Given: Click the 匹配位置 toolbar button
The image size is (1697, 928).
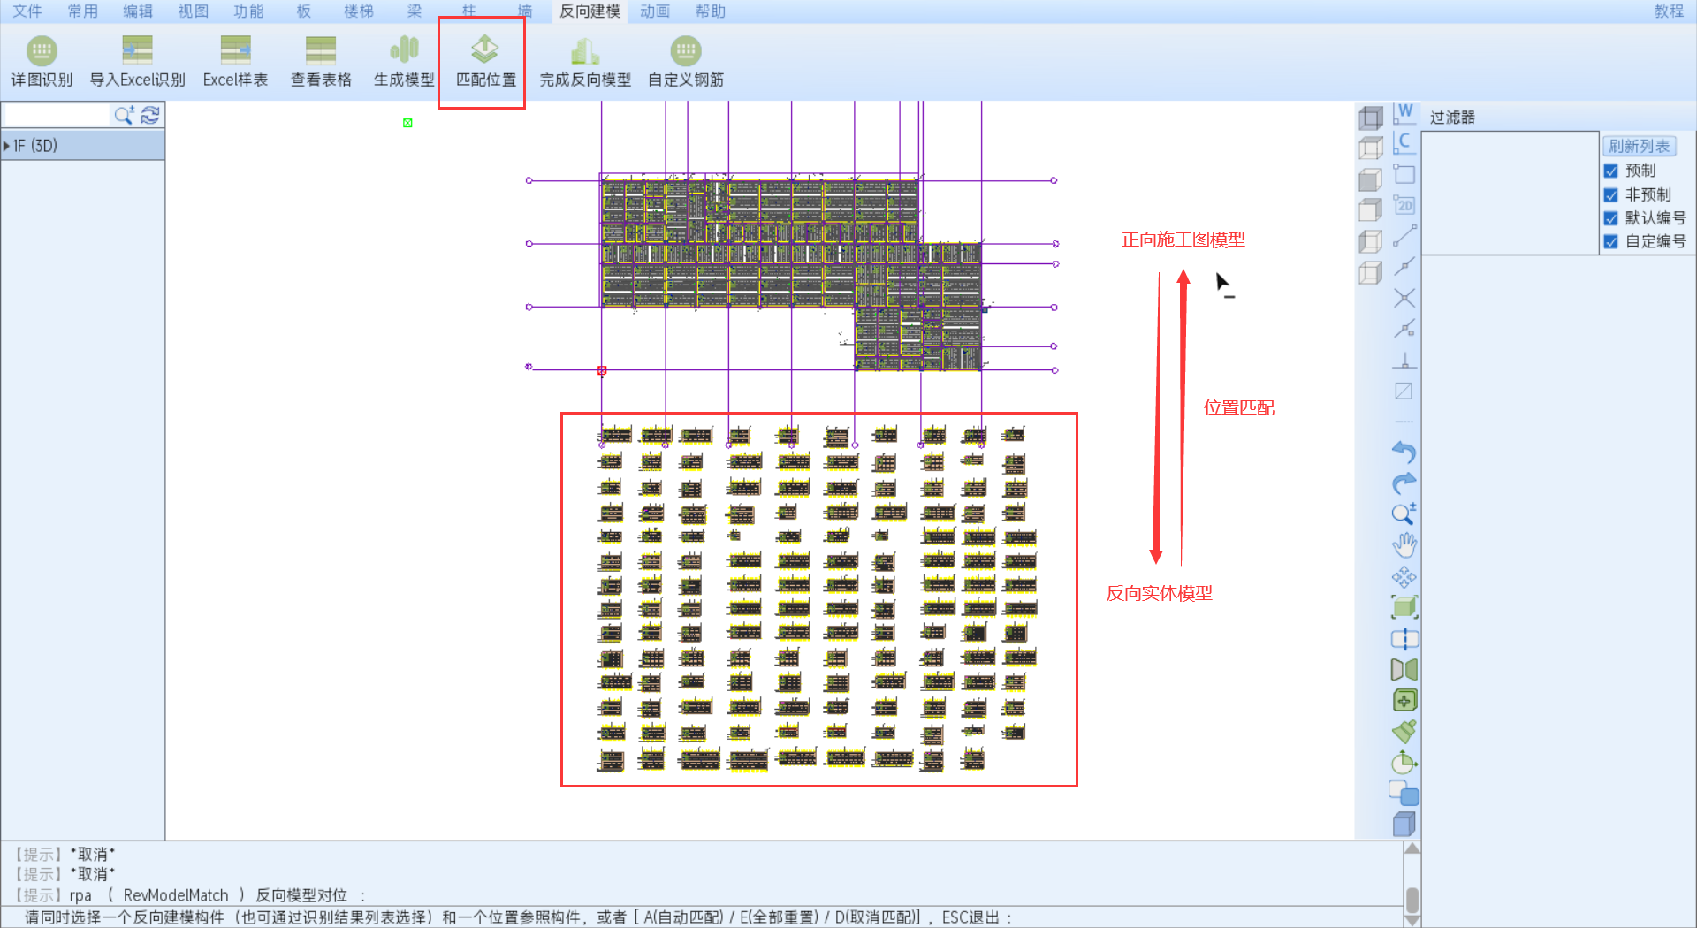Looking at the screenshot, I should click(484, 61).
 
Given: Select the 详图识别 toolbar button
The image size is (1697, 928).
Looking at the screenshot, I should click(42, 61).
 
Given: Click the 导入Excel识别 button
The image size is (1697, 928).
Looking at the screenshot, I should click(137, 61).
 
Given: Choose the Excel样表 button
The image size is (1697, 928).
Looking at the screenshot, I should click(235, 61).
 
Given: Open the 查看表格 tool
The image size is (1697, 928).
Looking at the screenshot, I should click(321, 61).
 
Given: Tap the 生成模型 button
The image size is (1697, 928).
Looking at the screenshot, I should click(404, 61).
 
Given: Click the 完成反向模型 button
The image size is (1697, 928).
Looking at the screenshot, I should click(585, 61).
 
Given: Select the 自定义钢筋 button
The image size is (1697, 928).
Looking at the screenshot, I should click(686, 61).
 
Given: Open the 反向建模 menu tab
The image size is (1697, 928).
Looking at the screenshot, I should click(590, 11).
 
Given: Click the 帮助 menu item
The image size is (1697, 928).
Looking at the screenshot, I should click(710, 11).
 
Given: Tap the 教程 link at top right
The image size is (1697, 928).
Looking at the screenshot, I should click(1669, 11).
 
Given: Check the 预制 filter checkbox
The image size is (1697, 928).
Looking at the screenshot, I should click(1611, 171).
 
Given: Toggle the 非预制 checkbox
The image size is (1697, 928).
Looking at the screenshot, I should click(1611, 195).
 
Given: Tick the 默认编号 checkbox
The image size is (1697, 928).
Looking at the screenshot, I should click(1611, 218).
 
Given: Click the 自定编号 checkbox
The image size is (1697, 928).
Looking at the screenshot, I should click(1611, 241).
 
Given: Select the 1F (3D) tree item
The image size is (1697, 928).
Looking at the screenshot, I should click(36, 146).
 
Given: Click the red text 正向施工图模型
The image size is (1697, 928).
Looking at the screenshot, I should click(1183, 240).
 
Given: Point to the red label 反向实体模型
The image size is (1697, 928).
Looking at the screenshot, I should click(1159, 594).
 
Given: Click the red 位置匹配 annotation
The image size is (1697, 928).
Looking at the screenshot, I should click(1238, 408).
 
